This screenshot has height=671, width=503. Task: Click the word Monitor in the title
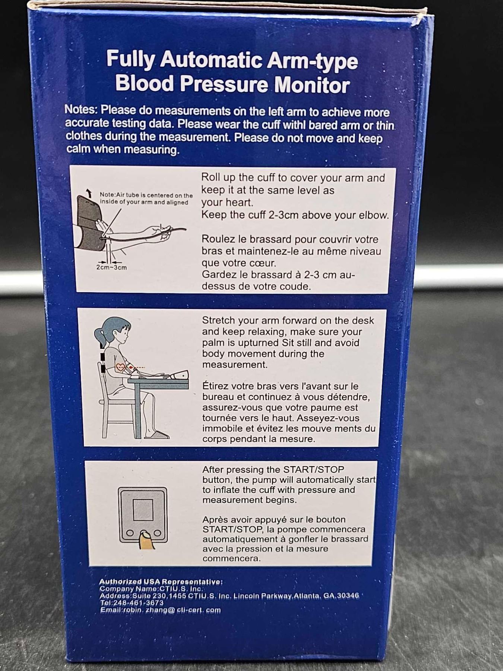(x=312, y=85)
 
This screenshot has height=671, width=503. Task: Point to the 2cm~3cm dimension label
(x=111, y=267)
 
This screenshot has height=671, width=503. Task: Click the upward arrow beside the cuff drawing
(x=89, y=193)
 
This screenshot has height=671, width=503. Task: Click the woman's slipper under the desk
(x=157, y=434)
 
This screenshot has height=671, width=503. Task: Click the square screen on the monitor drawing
(x=143, y=510)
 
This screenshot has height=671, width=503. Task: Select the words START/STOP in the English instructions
(x=313, y=469)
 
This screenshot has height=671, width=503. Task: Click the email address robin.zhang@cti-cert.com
(x=161, y=610)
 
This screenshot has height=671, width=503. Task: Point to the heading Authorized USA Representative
(x=161, y=582)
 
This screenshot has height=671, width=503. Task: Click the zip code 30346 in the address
(x=348, y=596)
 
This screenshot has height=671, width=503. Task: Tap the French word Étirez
(x=215, y=386)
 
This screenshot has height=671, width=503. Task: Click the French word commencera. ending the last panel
(x=231, y=559)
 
